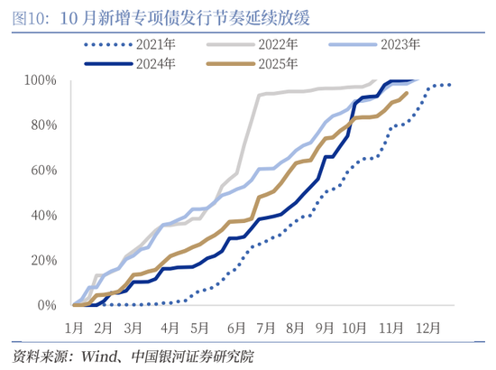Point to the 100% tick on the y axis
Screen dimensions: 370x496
(x=41, y=80)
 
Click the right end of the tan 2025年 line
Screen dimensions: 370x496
(x=408, y=92)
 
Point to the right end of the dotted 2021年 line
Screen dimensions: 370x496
(x=451, y=85)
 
